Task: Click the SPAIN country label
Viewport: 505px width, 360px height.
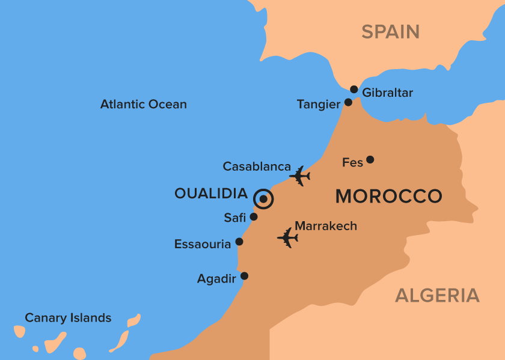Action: pyautogui.click(x=390, y=31)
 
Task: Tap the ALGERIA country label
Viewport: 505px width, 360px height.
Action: pyautogui.click(x=437, y=295)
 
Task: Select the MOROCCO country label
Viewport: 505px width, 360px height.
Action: pyautogui.click(x=388, y=196)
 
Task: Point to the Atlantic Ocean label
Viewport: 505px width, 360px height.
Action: pyautogui.click(x=143, y=104)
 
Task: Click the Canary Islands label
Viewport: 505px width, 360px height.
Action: pyautogui.click(x=68, y=318)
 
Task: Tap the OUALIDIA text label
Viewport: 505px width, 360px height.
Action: pyautogui.click(x=211, y=194)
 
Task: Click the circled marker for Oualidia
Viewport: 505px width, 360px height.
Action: pyautogui.click(x=263, y=200)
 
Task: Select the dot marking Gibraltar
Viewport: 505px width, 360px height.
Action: pyautogui.click(x=354, y=90)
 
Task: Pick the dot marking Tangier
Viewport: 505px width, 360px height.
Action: pyautogui.click(x=348, y=102)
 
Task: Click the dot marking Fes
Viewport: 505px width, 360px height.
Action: pyautogui.click(x=370, y=160)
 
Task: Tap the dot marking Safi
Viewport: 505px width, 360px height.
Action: pyautogui.click(x=254, y=216)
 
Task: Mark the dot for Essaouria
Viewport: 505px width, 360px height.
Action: pyautogui.click(x=239, y=242)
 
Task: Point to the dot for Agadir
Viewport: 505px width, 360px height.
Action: pyautogui.click(x=244, y=276)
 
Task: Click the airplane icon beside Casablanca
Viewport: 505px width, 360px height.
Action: pyautogui.click(x=299, y=176)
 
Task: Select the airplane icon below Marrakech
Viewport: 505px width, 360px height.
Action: pyautogui.click(x=288, y=238)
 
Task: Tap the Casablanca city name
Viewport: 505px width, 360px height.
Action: pyautogui.click(x=257, y=166)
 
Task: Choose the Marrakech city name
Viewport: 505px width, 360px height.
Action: pyautogui.click(x=326, y=226)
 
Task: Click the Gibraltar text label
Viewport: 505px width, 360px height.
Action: pyautogui.click(x=388, y=93)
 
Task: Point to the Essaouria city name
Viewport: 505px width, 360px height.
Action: pyautogui.click(x=203, y=244)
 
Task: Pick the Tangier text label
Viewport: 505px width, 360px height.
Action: pyautogui.click(x=319, y=105)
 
